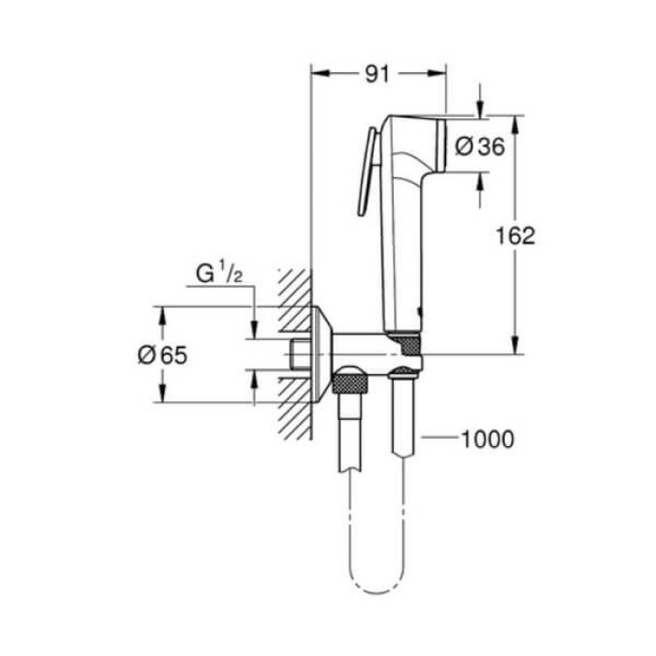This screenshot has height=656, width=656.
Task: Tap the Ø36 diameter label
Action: coord(479,146)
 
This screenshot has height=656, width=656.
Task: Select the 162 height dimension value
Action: coord(515,235)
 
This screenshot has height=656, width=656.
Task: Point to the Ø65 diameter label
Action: coord(162,354)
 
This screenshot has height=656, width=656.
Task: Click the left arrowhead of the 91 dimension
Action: coord(316,74)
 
